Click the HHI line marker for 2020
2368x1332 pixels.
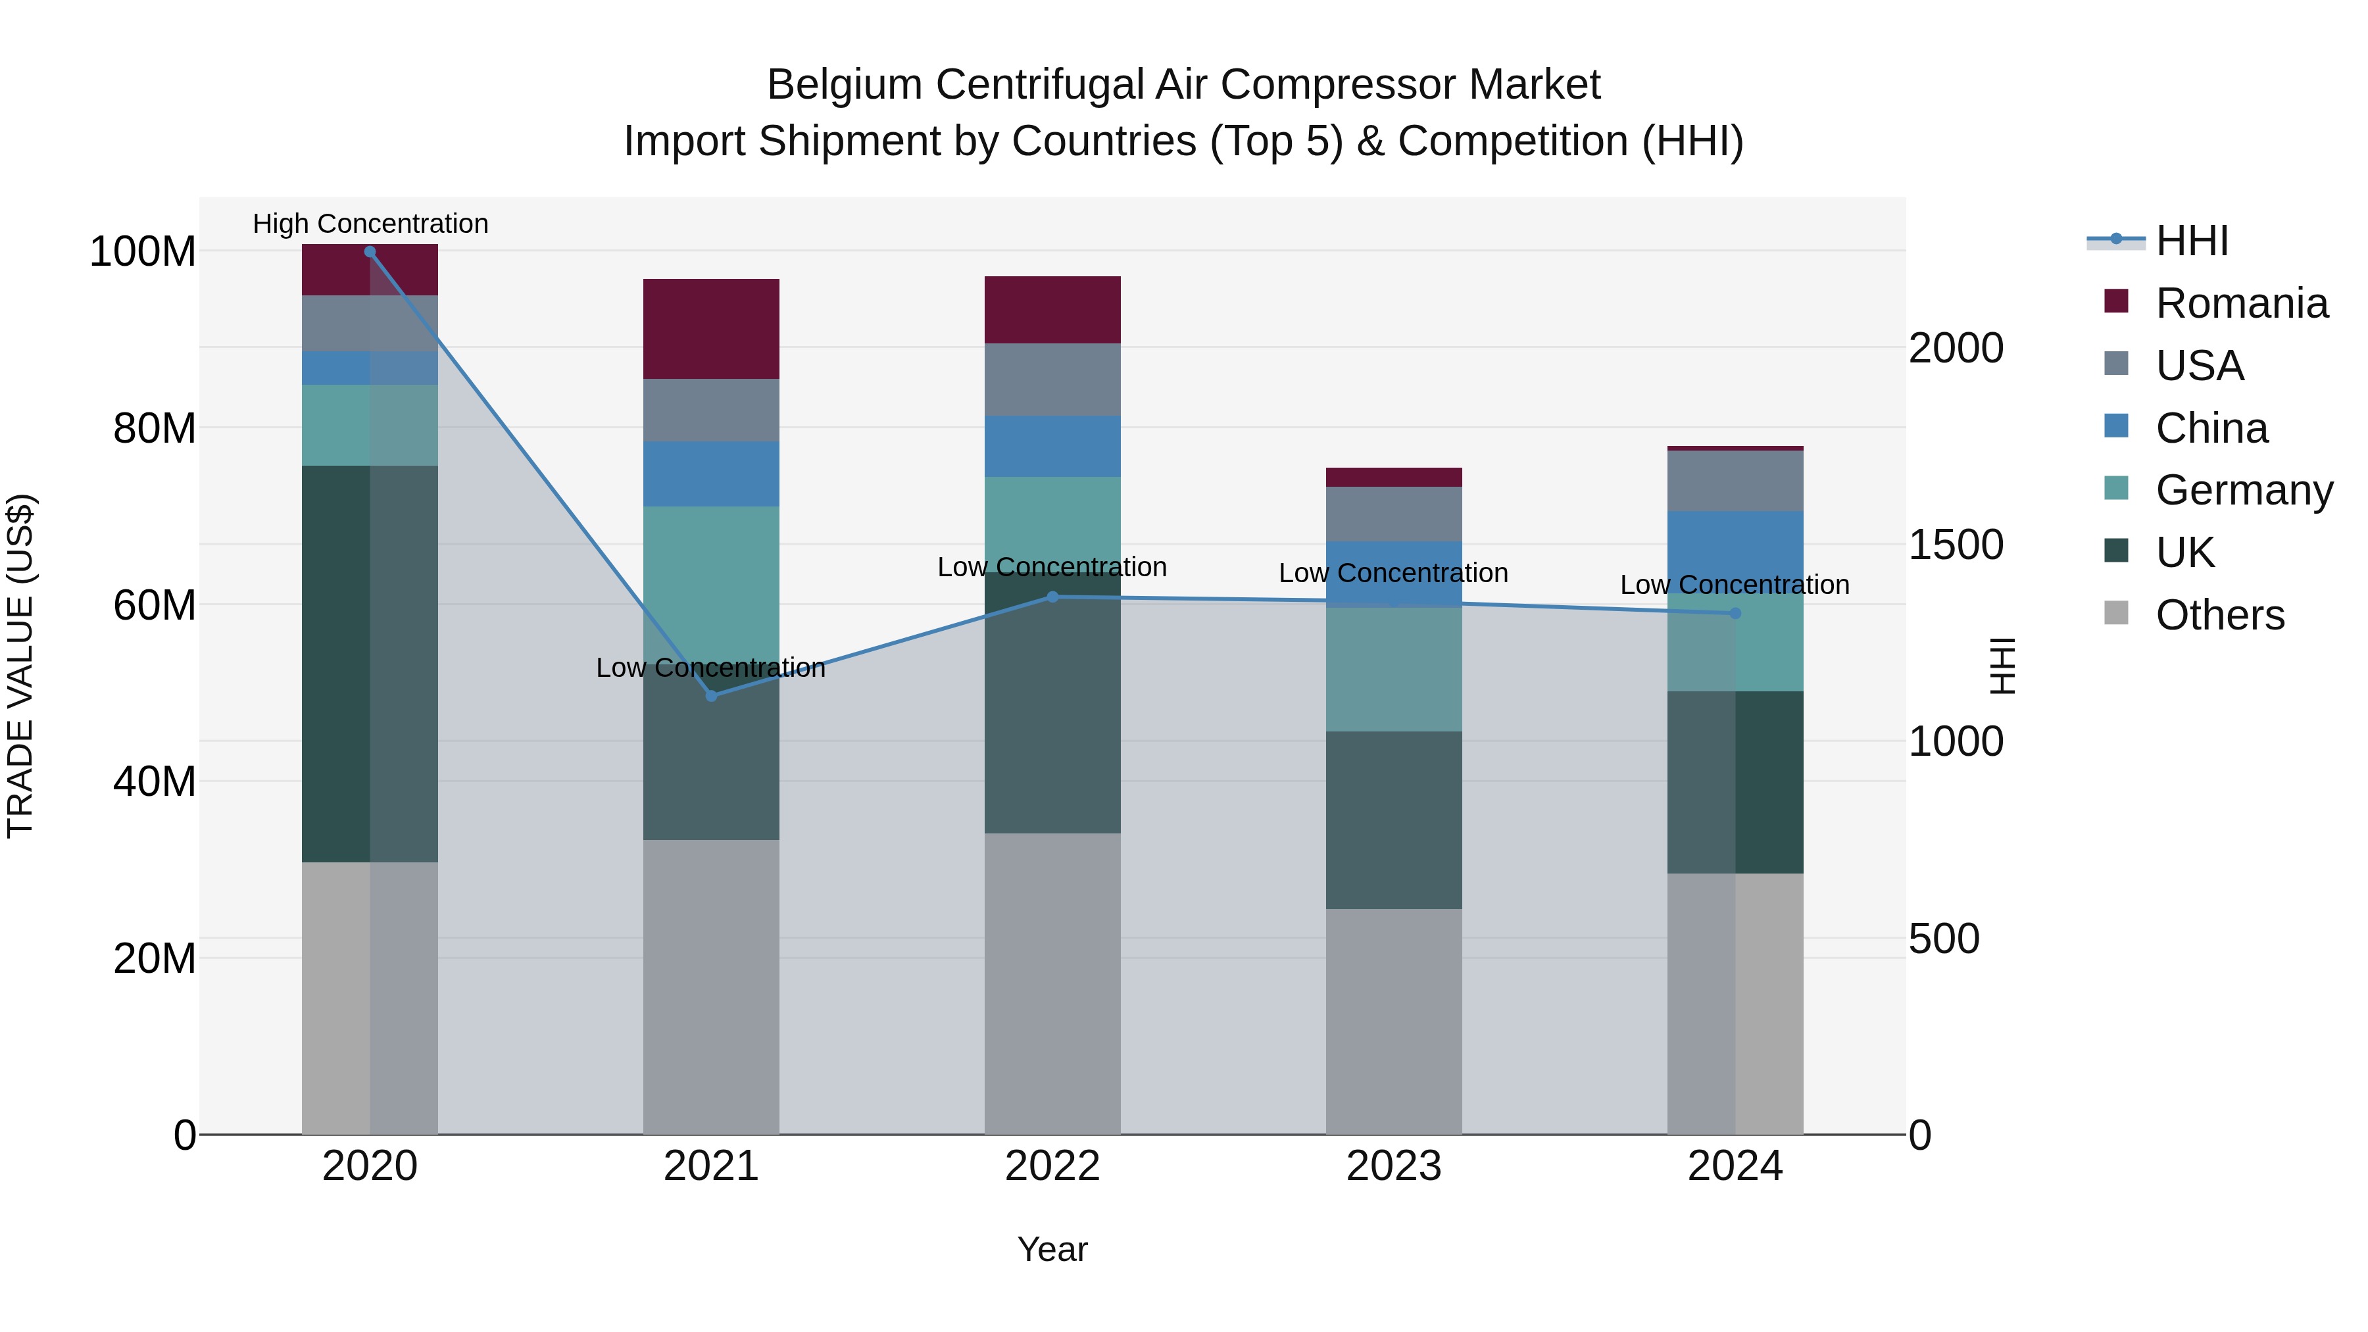[370, 252]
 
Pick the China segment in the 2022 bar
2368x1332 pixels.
[1052, 446]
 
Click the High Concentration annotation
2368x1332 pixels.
[370, 224]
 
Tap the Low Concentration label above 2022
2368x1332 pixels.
[1052, 567]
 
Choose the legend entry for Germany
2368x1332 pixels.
[2243, 490]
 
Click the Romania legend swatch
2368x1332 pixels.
[2116, 301]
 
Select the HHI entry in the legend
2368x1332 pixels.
[2192, 241]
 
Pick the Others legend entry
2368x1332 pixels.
[2219, 615]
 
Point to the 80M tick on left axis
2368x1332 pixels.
[155, 428]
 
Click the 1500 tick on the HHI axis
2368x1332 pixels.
[1956, 545]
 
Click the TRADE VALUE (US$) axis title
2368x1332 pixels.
[20, 666]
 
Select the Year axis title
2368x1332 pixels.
[1052, 1249]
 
